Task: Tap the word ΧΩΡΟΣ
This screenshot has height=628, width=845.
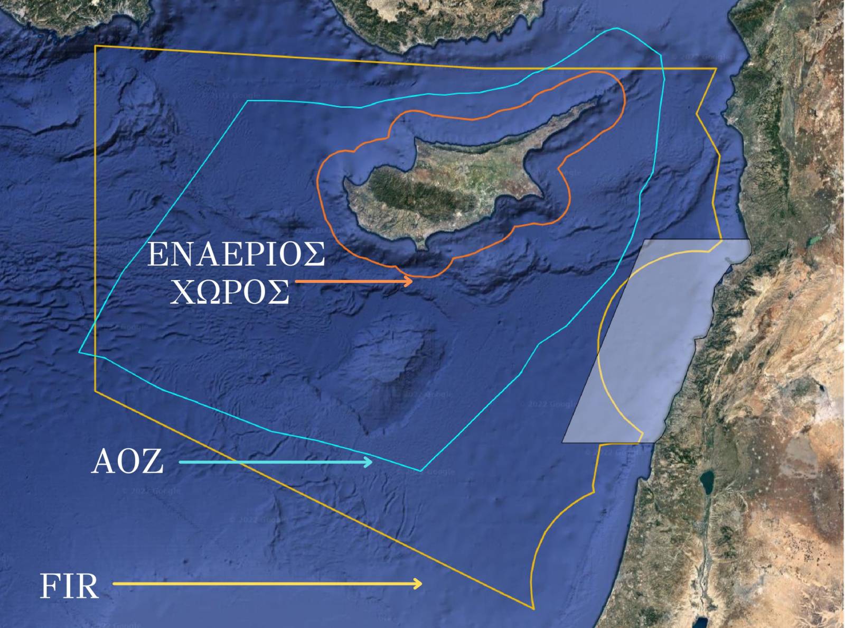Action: [230, 291]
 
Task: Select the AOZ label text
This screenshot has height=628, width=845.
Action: [127, 461]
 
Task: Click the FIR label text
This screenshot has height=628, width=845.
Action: [69, 586]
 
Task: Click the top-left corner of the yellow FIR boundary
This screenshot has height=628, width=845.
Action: [96, 47]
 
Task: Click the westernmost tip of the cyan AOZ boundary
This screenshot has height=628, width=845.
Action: [80, 352]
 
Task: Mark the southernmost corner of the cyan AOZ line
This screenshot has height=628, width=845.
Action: [421, 470]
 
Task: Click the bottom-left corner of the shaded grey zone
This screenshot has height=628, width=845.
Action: [562, 442]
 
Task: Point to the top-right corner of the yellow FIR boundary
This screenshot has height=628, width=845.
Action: [716, 69]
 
